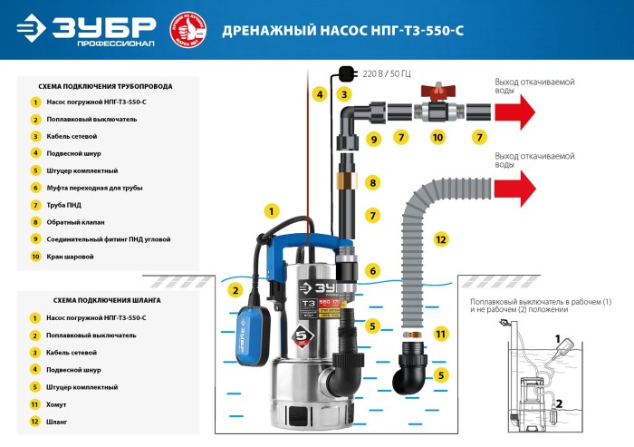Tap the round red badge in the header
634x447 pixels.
(188, 29)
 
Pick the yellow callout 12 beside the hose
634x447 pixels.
(441, 240)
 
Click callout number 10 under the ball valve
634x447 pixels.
(437, 138)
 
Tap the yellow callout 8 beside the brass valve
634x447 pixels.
(371, 183)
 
